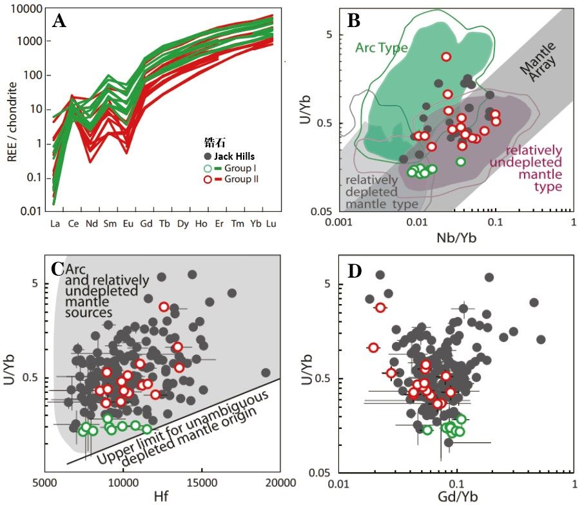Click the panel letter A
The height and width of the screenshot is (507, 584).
[x=60, y=21]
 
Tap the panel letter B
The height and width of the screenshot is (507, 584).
[x=354, y=21]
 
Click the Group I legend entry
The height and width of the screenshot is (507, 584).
[x=239, y=167]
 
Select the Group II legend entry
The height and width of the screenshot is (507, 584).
[x=239, y=178]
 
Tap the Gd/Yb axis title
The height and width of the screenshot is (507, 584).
[x=456, y=498]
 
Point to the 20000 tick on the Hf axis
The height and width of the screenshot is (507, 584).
[x=279, y=483]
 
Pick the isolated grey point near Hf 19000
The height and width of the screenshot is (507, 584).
[x=266, y=372]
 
